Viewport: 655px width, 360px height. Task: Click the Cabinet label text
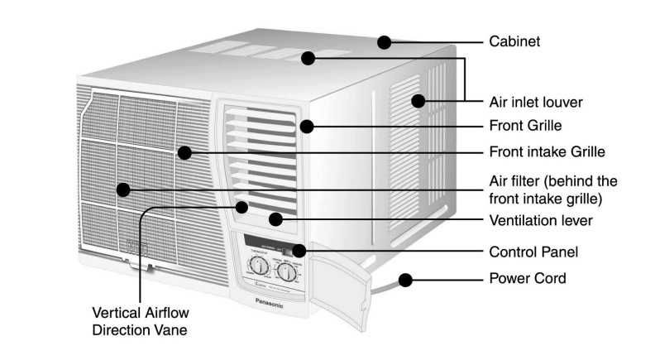514,41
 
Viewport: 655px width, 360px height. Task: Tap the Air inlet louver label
536,103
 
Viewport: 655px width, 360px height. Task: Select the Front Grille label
525,127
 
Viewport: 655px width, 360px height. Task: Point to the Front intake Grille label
547,152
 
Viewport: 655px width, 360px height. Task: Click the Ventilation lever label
541,220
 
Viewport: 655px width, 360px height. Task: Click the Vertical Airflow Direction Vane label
140,322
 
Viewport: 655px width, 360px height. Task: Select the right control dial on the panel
287,274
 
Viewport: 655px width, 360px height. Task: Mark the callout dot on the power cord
404,281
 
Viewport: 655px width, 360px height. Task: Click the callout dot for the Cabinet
384,41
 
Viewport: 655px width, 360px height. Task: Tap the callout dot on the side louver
418,102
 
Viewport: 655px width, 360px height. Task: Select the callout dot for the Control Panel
299,250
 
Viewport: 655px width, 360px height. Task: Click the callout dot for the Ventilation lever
275,219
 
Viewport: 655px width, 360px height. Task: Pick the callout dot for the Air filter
123,190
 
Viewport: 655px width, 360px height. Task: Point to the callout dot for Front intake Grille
184,152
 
